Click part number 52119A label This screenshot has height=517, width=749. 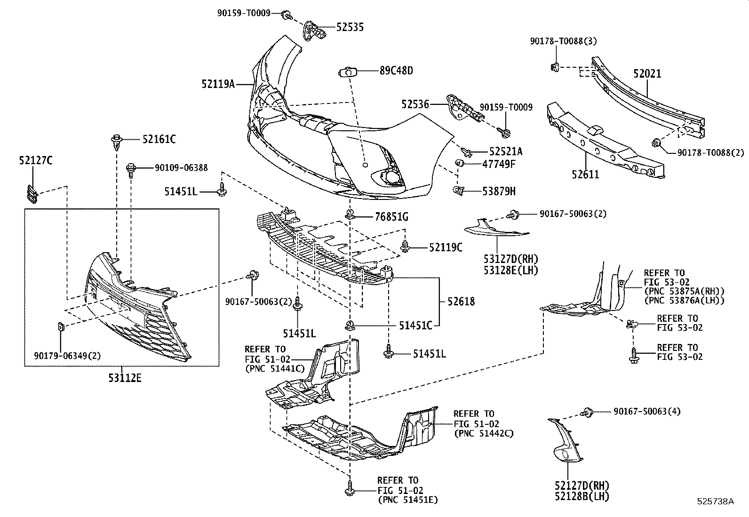tap(218, 85)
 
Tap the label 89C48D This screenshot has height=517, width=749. tap(396, 71)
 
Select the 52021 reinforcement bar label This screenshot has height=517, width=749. tap(647, 74)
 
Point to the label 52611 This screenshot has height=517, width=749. tap(585, 174)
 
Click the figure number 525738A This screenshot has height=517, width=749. tap(715, 501)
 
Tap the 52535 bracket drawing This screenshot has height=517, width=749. tap(313, 30)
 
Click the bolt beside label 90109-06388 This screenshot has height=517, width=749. tap(131, 169)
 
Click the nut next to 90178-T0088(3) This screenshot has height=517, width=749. tap(555, 66)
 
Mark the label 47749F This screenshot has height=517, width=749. tap(499, 164)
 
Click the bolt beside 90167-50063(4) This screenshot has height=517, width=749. tap(587, 413)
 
